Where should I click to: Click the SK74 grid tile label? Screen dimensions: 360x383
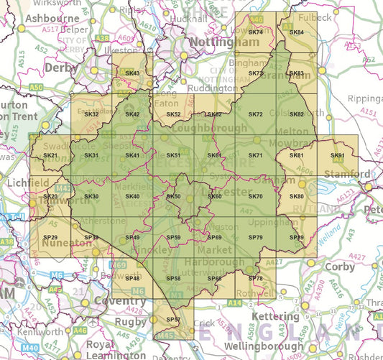click(x=255, y=32)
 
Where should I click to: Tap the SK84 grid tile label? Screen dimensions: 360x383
click(x=296, y=32)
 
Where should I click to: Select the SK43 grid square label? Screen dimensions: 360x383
click(x=132, y=73)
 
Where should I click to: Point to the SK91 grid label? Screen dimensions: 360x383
click(x=337, y=156)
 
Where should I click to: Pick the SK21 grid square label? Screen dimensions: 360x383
click(x=50, y=156)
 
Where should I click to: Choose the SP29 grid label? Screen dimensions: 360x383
click(x=50, y=237)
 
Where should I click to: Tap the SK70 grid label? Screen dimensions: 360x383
click(x=255, y=197)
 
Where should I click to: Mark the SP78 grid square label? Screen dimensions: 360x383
click(x=255, y=278)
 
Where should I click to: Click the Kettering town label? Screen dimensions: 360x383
click(x=275, y=316)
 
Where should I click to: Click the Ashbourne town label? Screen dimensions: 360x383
click(x=50, y=17)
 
